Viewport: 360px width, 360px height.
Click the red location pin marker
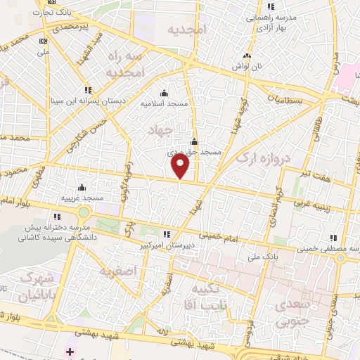tap(180, 166)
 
